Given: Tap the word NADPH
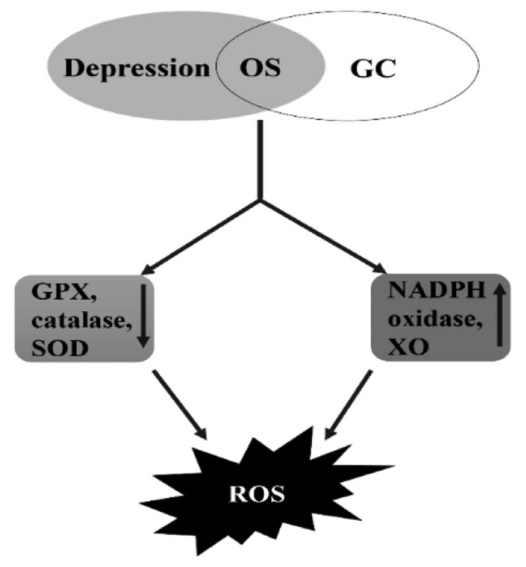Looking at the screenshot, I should [x=425, y=290].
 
